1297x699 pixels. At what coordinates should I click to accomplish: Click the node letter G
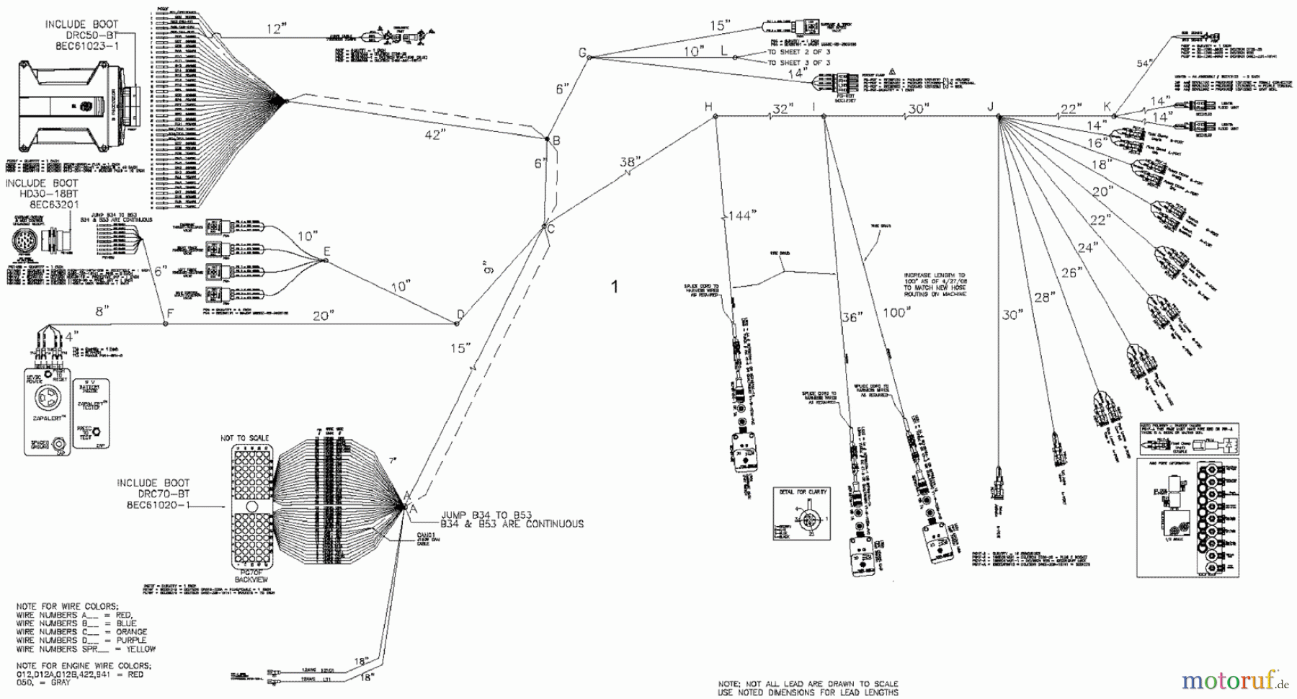(583, 52)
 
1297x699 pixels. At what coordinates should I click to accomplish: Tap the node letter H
(709, 107)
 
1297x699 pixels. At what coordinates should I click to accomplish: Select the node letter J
(990, 107)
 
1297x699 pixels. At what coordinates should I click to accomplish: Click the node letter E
(326, 251)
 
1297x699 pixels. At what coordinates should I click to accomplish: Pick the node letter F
(170, 313)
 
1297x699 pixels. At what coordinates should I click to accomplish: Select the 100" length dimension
(896, 312)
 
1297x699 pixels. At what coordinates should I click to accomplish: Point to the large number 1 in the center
(615, 287)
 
